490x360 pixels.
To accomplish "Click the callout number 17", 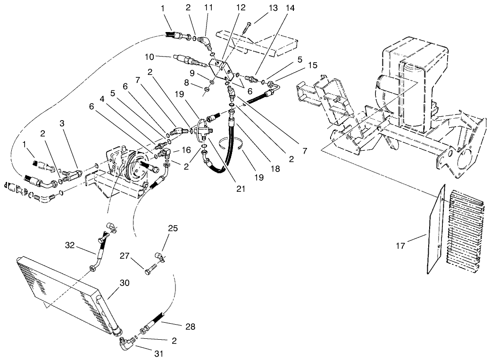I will [399, 245].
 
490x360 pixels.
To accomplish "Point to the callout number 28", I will [190, 327].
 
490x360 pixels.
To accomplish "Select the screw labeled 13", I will [245, 27].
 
